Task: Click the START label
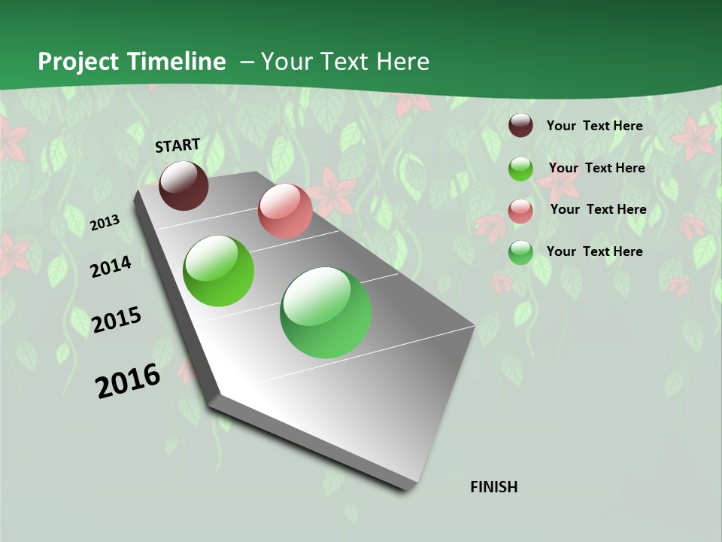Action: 177,145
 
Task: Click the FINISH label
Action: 494,487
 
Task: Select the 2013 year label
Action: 105,223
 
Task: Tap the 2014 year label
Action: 111,266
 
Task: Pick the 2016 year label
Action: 128,381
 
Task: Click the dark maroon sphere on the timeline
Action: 184,185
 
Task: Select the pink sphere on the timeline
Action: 285,211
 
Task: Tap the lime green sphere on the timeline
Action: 218,271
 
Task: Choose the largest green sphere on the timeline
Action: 326,312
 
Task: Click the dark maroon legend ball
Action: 520,126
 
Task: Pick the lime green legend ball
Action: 520,169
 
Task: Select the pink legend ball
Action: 520,210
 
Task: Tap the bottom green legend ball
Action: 520,252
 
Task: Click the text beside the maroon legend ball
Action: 595,126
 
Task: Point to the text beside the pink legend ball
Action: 598,209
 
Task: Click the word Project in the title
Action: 78,62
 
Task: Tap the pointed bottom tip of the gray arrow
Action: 406,488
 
